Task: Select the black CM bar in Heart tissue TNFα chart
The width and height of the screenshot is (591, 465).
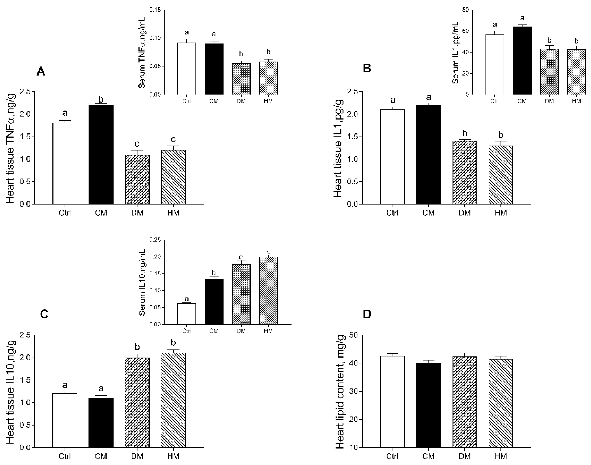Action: coord(101,154)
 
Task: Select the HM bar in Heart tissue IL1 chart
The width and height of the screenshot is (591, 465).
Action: coord(501,175)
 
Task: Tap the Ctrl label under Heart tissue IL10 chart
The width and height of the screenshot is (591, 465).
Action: coord(65,456)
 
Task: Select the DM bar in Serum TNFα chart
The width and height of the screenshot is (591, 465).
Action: coord(241,79)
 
